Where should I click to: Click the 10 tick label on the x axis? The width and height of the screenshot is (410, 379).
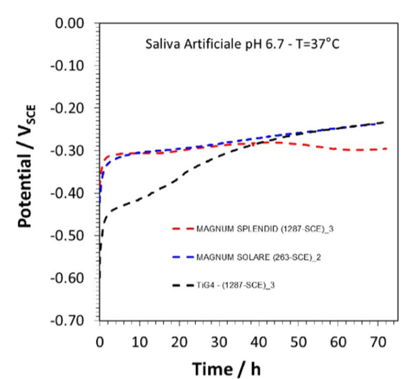[139, 335]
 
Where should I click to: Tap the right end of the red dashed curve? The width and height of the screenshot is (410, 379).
[387, 149]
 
